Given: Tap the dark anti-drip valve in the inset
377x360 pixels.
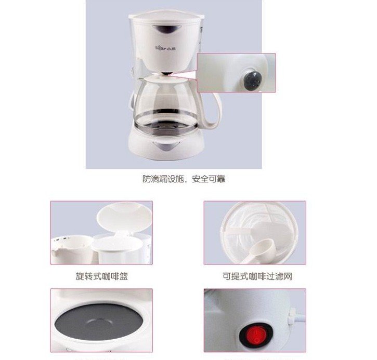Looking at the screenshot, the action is [x=253, y=79].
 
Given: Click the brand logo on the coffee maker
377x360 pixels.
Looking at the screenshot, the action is [x=166, y=48].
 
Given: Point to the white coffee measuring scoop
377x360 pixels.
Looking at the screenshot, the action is [x=262, y=251].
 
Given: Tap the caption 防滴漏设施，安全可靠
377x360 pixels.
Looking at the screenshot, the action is [x=184, y=179].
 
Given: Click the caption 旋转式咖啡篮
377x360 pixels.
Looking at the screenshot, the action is [x=102, y=276].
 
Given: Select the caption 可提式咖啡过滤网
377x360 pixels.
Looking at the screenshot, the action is [x=257, y=276].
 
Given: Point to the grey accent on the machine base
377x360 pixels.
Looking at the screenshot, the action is [x=166, y=146].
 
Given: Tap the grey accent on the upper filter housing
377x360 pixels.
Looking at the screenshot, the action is [x=166, y=29].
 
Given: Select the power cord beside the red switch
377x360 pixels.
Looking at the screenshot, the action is [x=297, y=317].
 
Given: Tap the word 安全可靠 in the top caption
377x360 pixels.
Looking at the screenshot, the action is [x=209, y=179].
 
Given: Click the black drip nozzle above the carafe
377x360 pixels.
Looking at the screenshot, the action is [x=167, y=73].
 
